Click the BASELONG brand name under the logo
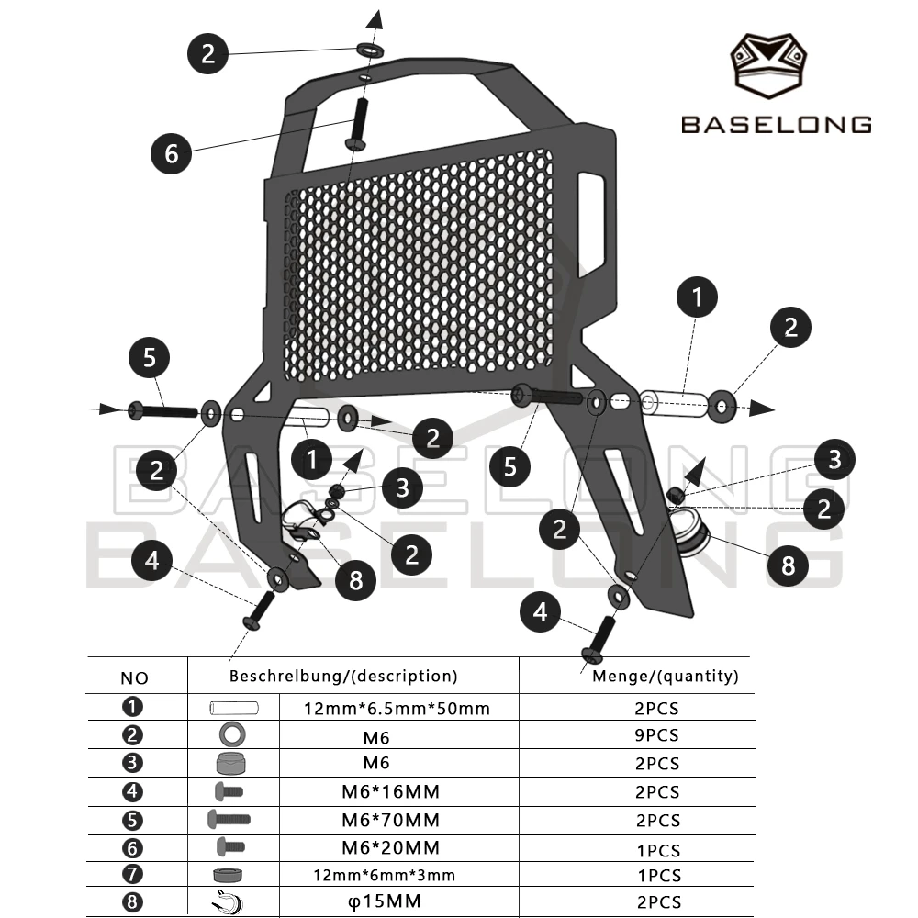pos(777,125)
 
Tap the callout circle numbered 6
pos(171,153)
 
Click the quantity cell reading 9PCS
pos(657,735)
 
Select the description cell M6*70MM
pos(390,820)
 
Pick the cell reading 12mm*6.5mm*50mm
pos(397,709)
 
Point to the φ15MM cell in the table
pos(385,901)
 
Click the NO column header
pos(134,678)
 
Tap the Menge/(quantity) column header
pos(666,677)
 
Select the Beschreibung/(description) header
pos(343,677)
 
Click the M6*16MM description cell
pos(390,791)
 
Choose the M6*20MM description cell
pos(390,847)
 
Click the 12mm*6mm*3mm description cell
pos(384,875)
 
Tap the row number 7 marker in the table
pos(132,874)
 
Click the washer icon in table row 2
pos(232,734)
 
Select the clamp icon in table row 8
pos(228,901)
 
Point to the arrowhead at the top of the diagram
pos(375,19)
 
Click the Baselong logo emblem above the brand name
pos(768,65)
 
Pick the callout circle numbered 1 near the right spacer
pos(697,297)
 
